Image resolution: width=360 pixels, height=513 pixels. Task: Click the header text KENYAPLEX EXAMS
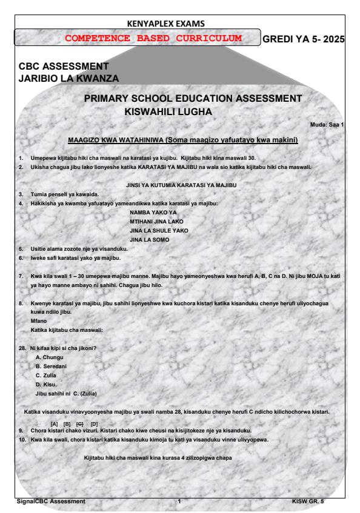[180, 24]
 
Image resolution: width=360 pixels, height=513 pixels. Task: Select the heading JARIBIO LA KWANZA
[69, 78]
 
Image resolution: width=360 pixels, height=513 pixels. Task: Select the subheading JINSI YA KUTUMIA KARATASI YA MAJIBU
[180, 184]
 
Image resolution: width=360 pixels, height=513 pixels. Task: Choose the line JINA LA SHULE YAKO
[159, 231]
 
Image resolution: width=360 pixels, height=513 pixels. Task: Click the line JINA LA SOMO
[149, 240]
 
